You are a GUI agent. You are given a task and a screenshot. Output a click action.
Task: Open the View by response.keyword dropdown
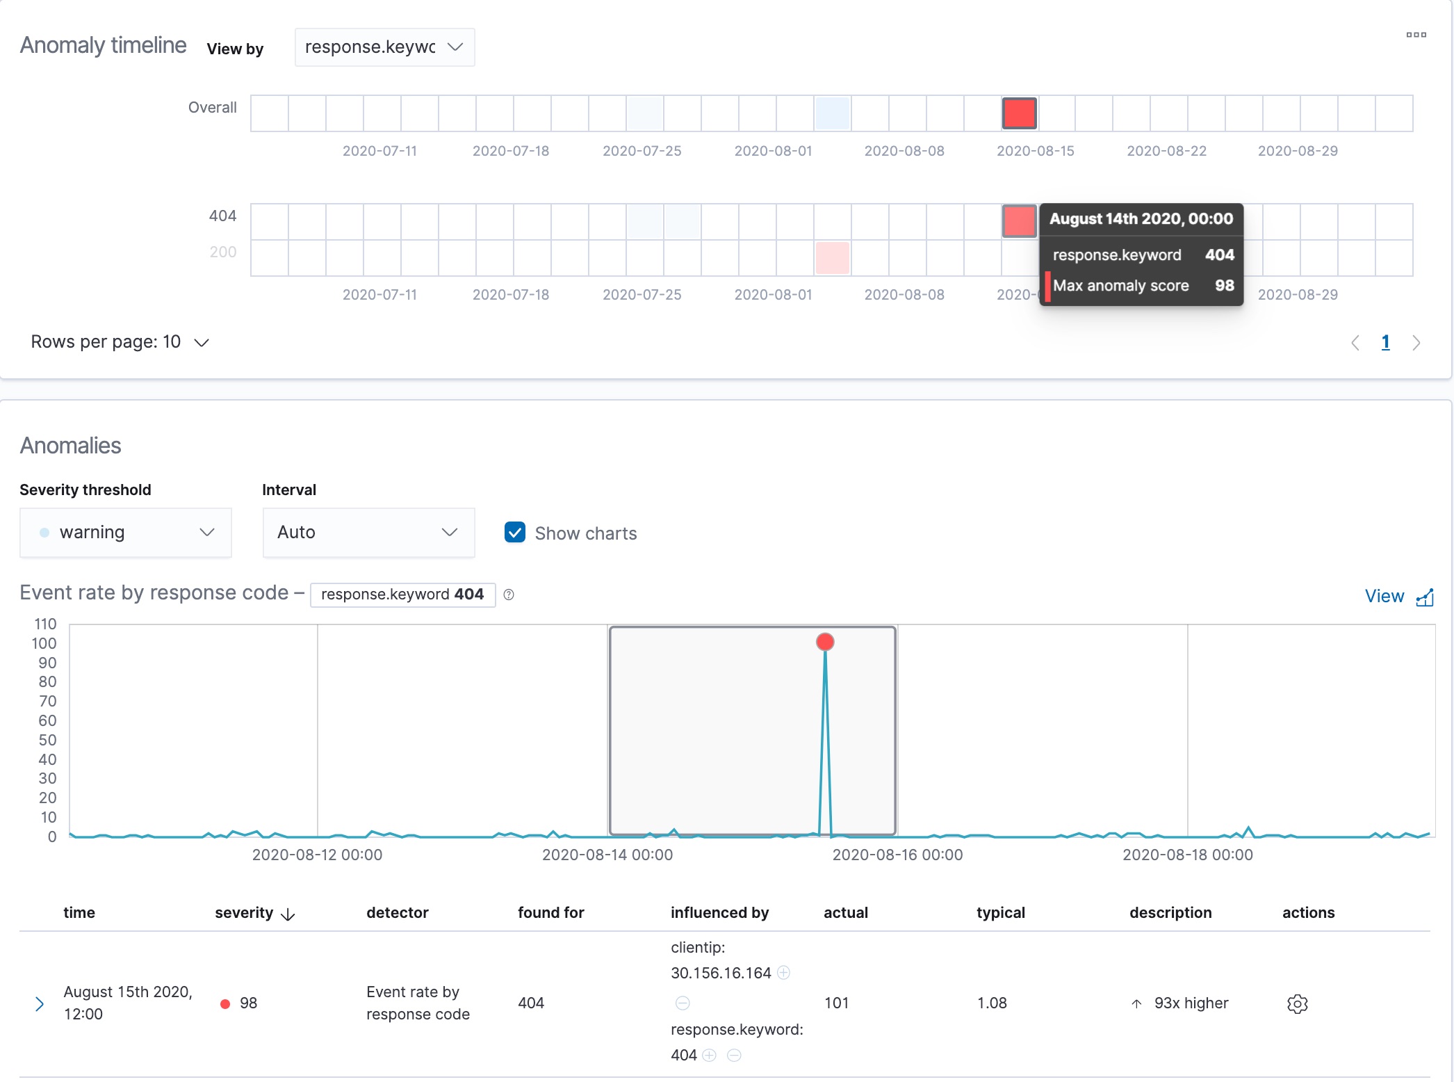tap(384, 47)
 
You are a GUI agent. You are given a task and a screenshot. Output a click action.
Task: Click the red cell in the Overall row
tap(1019, 113)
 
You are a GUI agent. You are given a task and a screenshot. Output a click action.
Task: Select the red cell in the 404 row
tap(1019, 221)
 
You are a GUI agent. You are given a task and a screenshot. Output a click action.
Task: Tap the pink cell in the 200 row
tap(832, 258)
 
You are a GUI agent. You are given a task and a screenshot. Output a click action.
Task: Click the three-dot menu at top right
tap(1416, 35)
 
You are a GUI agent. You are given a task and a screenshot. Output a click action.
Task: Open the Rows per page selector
tap(120, 342)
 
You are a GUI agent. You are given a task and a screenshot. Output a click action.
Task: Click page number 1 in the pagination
tap(1385, 342)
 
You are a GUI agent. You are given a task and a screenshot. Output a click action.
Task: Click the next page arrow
tap(1416, 343)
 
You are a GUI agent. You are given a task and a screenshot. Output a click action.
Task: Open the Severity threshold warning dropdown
tap(126, 533)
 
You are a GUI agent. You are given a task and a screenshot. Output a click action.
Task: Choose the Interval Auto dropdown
tap(368, 533)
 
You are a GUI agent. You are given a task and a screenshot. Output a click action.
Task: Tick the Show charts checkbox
tap(515, 533)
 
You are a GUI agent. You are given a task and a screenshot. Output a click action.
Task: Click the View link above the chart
tap(1398, 597)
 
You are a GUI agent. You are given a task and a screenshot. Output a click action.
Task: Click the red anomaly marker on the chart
tap(825, 642)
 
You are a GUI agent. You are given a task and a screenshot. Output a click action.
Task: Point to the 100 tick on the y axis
tap(44, 643)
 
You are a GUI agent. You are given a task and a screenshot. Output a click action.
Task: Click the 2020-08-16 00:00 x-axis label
tap(897, 855)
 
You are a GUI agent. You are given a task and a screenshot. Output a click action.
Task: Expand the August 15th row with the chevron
tap(40, 1003)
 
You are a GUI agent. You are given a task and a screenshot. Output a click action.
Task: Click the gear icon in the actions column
tap(1297, 1003)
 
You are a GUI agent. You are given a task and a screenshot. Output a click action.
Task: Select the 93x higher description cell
tap(1191, 1003)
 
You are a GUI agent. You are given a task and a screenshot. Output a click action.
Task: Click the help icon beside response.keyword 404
tap(509, 595)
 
